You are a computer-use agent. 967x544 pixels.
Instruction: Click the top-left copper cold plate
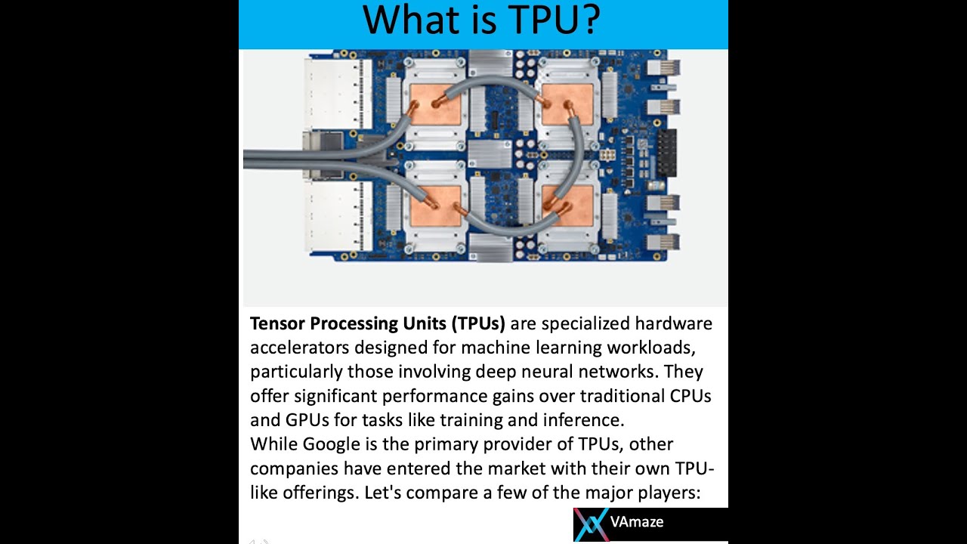click(435, 104)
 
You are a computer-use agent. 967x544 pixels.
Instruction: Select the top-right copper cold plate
click(567, 104)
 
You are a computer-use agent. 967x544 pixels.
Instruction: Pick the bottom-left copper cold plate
click(435, 206)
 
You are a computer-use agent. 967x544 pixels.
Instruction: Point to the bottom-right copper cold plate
click(567, 206)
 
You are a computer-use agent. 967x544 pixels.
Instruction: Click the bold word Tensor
click(277, 323)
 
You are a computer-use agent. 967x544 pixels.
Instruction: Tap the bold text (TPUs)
click(478, 323)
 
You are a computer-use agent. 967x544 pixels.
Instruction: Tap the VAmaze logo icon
click(591, 524)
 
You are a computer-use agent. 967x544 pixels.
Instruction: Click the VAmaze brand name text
click(636, 522)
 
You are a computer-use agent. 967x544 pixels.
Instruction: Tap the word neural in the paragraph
click(545, 372)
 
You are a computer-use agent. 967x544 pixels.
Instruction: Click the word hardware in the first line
click(673, 323)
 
